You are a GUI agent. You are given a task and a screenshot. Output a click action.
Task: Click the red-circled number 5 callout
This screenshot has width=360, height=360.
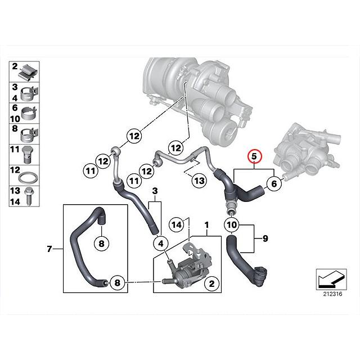coord(254,155)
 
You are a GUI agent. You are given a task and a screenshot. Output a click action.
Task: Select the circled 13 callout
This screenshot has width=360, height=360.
coord(199,181)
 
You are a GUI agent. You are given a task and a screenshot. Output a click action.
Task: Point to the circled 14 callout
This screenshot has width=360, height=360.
coord(176,225)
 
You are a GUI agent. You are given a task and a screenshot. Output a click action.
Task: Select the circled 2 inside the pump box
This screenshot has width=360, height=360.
coord(211,285)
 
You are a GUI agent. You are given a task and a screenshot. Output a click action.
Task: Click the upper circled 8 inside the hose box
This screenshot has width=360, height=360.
coord(101,244)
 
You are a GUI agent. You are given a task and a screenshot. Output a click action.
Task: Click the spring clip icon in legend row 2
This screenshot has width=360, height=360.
coord(29,71)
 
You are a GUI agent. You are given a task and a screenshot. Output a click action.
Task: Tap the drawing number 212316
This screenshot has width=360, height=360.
coord(333,292)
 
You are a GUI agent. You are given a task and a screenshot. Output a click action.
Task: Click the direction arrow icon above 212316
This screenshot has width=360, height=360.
coord(329,278)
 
